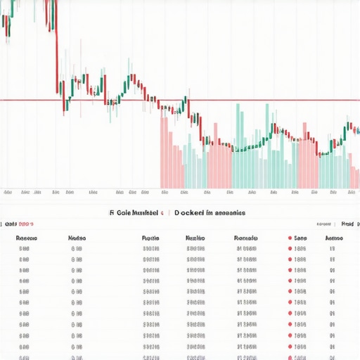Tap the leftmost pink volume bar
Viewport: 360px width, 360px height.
tap(164, 151)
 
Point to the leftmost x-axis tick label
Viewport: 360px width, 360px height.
tap(8, 192)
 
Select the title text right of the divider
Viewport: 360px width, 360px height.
tap(210, 212)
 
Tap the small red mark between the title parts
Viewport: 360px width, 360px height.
tap(163, 212)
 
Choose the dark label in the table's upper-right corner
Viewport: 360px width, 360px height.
tap(347, 224)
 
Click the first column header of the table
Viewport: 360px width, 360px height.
tap(27, 238)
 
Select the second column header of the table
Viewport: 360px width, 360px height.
tap(77, 238)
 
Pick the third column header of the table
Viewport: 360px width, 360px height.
tap(150, 238)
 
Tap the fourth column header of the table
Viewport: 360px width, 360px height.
tap(195, 238)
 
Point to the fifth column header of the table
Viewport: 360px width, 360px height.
tap(245, 238)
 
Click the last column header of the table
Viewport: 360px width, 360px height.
tap(333, 238)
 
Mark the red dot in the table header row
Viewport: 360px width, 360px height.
tap(289, 238)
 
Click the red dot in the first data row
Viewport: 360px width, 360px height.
tap(289, 248)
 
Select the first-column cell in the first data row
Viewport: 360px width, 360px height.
tap(25, 248)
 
